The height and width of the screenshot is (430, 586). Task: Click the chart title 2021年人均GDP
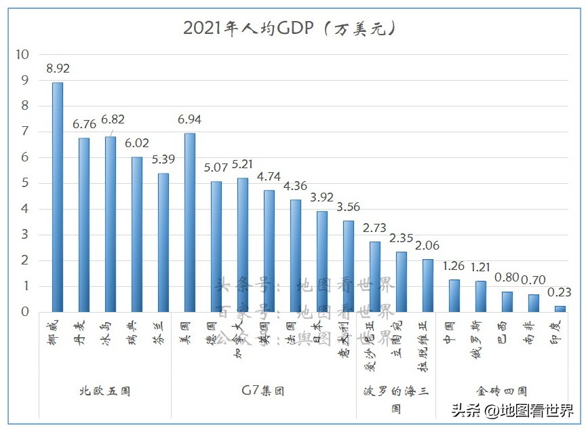click(289, 28)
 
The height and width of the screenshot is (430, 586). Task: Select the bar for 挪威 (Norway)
click(58, 197)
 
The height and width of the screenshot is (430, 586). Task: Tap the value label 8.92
click(58, 69)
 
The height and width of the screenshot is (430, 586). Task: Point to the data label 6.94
click(190, 119)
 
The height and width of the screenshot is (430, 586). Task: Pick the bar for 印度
click(560, 309)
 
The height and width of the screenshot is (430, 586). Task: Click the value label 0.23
click(560, 292)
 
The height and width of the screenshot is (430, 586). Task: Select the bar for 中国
click(454, 296)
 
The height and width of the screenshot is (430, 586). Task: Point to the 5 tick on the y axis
click(25, 183)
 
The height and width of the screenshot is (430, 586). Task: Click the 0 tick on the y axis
click(25, 312)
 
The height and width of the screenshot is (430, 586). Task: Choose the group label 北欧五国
click(104, 391)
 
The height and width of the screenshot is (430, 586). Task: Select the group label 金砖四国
click(501, 391)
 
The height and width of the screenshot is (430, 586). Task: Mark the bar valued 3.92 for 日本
click(322, 261)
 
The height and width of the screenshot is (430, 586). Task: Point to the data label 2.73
click(375, 227)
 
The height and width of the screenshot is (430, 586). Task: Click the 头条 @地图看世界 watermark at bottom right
click(512, 411)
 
